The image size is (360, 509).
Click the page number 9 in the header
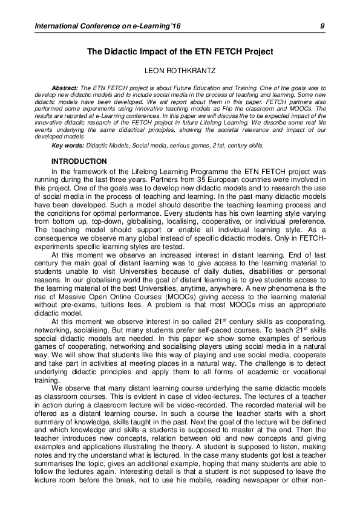click(x=322, y=25)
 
